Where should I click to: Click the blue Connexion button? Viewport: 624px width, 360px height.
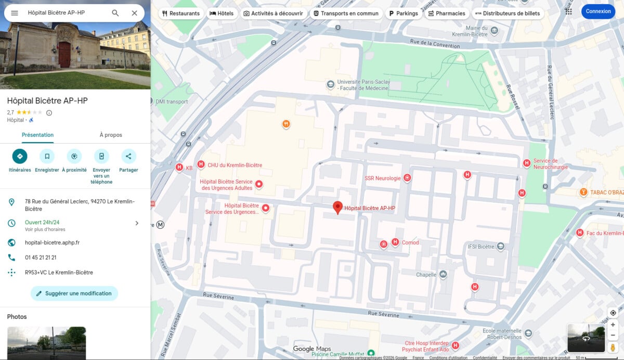click(598, 11)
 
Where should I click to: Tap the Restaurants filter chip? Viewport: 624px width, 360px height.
click(180, 14)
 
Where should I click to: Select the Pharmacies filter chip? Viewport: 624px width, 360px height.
click(446, 14)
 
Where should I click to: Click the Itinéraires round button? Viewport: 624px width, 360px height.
click(20, 156)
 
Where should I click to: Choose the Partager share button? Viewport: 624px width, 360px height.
click(128, 156)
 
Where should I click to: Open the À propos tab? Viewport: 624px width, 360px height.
click(111, 135)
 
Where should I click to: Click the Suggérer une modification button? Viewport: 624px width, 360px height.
click(74, 293)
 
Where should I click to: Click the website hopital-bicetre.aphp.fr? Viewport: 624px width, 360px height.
click(52, 242)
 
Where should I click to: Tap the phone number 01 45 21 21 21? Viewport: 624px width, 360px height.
click(41, 258)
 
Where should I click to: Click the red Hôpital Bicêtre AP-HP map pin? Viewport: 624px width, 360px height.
click(337, 207)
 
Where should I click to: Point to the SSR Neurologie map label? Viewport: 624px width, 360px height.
click(383, 178)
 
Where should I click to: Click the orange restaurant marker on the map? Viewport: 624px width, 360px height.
click(285, 124)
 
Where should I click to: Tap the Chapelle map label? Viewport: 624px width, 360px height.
click(426, 275)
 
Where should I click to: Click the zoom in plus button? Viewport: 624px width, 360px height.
click(613, 325)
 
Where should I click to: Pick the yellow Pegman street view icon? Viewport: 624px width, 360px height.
click(613, 347)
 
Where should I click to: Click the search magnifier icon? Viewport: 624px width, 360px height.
click(115, 13)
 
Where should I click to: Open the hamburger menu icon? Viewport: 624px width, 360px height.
click(15, 13)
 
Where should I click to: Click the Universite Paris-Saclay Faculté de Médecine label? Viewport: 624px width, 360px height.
click(362, 85)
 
